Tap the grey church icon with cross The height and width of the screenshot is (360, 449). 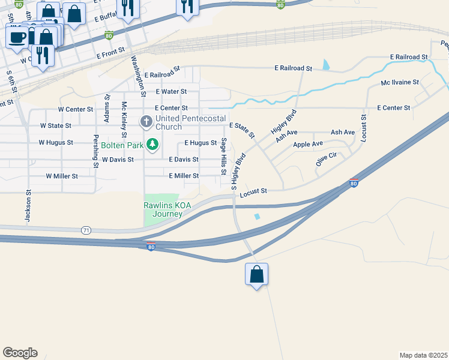tap(146, 122)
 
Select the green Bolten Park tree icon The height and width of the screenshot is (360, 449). tap(153, 144)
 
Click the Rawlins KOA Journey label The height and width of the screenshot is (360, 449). tap(167, 209)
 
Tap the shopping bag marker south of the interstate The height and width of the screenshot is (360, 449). tap(256, 274)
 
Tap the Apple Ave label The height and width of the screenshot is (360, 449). tap(308, 144)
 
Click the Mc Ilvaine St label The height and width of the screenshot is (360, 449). tap(400, 82)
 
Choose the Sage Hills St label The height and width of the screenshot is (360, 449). tap(223, 156)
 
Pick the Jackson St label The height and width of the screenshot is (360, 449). tap(28, 208)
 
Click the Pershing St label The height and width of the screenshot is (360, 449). tap(95, 154)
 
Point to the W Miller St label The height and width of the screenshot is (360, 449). tap(62, 176)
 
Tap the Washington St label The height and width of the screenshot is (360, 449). tap(138, 76)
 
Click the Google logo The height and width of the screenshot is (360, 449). tap(20, 353)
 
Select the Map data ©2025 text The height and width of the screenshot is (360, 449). tap(423, 355)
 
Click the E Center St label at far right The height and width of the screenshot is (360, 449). tap(393, 107)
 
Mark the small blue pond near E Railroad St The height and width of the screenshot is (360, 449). tap(326, 64)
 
